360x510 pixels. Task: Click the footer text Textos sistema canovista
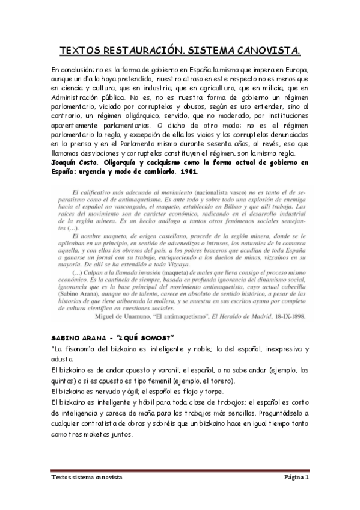(86, 476)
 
